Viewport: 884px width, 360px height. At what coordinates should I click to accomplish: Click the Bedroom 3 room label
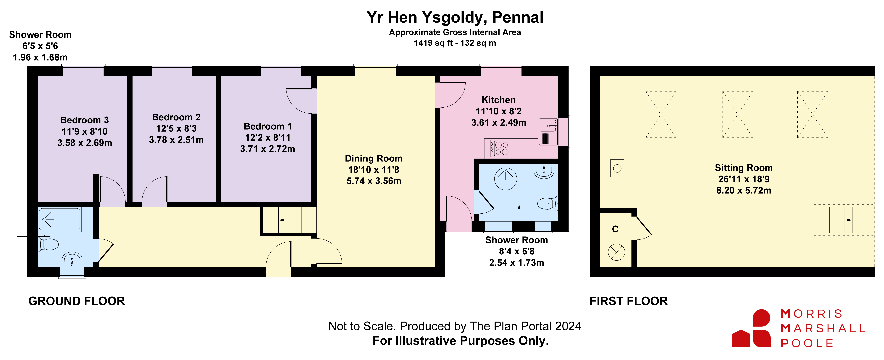coord(84,120)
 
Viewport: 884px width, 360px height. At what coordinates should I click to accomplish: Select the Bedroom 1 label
coord(268,126)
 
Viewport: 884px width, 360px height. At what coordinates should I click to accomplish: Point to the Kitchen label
coord(499,100)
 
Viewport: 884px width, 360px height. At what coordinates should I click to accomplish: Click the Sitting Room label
coord(744,168)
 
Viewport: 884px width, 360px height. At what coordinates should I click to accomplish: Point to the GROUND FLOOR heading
coord(76,301)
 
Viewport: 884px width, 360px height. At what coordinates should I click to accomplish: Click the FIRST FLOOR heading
coord(629,301)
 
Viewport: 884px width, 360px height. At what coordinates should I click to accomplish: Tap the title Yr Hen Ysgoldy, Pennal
coord(455,17)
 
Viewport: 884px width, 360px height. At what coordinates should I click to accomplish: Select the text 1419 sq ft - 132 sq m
coord(455,43)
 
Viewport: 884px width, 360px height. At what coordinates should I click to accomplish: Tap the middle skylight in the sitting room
coord(738,114)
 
